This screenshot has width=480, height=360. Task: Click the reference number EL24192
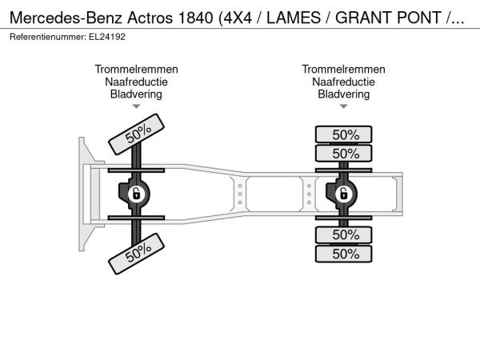(107, 37)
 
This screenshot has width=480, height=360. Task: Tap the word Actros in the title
(150, 18)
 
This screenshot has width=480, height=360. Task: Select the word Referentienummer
(48, 37)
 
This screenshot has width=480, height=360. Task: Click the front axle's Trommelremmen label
(136, 69)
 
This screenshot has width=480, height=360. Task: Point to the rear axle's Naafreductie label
(343, 82)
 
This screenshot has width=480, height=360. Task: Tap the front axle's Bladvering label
(136, 94)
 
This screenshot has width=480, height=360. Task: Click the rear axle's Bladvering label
(343, 94)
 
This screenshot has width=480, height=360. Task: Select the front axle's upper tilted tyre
(136, 134)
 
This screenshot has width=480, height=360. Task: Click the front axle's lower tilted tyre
(136, 254)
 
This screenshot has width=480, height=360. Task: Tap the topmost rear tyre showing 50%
(343, 134)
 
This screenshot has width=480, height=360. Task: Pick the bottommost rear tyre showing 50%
(343, 254)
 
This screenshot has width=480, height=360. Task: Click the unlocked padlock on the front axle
(136, 194)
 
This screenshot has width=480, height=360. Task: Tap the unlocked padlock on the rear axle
(343, 194)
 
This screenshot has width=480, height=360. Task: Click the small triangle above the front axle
(136, 106)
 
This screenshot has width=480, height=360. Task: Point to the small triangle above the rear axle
(343, 106)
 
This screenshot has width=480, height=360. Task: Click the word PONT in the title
(418, 18)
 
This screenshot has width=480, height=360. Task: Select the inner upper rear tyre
(343, 153)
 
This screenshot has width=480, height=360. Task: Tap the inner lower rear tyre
(343, 234)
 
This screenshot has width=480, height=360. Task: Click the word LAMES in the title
(294, 18)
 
